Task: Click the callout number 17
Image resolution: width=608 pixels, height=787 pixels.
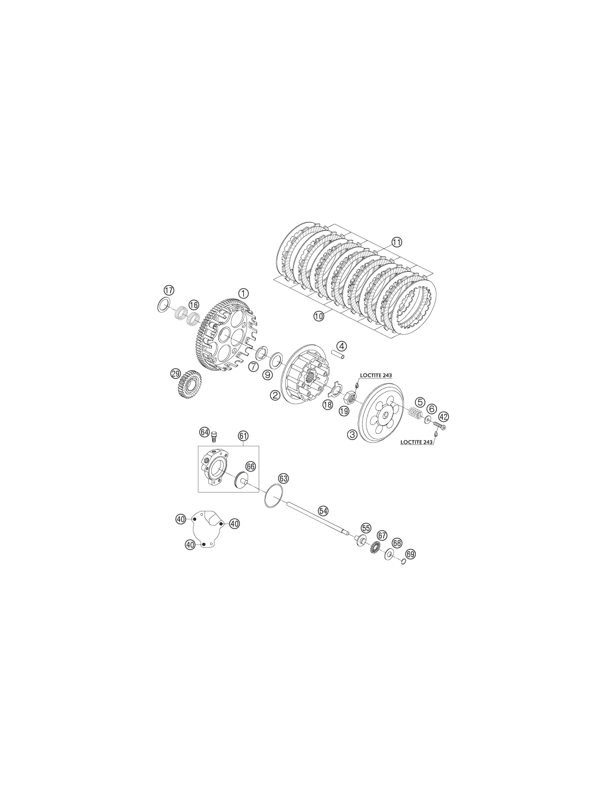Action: point(169,290)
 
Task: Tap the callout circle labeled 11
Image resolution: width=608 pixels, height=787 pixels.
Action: point(397,242)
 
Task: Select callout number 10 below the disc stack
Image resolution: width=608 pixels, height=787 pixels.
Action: point(319,316)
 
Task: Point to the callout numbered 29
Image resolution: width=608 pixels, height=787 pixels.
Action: point(176,374)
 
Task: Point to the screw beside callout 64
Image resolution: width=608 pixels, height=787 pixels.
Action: point(213,438)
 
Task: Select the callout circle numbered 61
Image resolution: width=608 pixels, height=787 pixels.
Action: point(243,435)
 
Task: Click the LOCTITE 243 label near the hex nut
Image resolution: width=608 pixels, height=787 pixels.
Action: point(376,376)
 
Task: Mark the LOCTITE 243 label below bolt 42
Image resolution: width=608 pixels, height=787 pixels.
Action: point(417,442)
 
